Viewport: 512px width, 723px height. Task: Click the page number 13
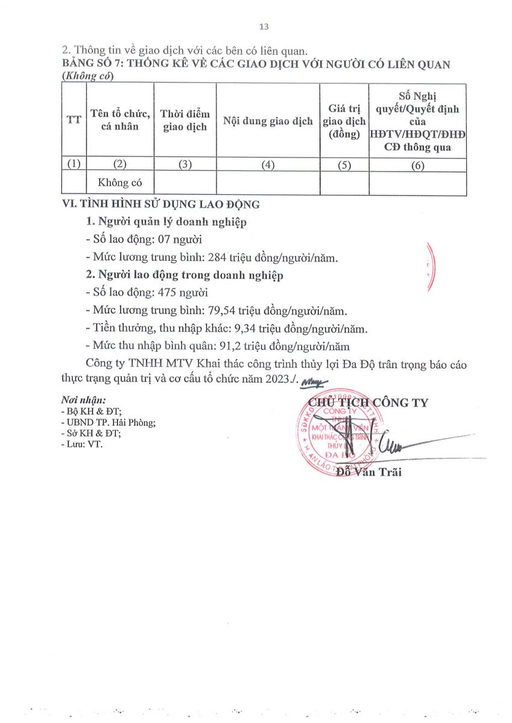click(x=263, y=27)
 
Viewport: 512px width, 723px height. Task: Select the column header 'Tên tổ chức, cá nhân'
click(x=120, y=120)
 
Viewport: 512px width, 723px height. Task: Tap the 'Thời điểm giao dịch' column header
click(x=185, y=120)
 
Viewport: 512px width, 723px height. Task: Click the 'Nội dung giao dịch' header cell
click(x=268, y=121)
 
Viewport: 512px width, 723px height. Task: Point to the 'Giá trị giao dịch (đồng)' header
click(x=344, y=121)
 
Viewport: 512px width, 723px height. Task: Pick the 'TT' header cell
click(x=74, y=120)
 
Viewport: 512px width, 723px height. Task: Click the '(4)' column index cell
click(x=268, y=166)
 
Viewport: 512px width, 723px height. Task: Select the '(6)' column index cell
click(x=417, y=166)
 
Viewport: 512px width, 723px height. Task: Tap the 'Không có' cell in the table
click(x=120, y=183)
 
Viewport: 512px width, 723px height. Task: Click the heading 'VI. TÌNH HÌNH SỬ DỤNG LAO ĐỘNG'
click(x=161, y=204)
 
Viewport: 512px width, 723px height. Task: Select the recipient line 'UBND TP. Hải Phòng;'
click(x=112, y=422)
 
